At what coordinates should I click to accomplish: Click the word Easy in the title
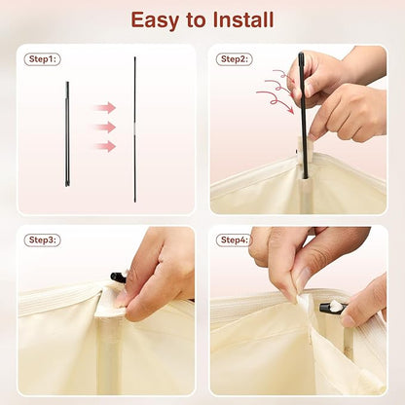[155, 20]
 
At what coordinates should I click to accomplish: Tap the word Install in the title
[243, 19]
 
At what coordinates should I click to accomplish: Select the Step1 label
[43, 59]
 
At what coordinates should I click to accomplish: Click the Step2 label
[235, 59]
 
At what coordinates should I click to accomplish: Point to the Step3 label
[43, 240]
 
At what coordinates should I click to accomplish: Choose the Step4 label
[234, 240]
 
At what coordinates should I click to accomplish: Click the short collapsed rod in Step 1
[67, 134]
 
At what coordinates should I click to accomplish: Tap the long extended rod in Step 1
[135, 129]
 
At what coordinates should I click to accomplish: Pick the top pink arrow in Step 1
[104, 108]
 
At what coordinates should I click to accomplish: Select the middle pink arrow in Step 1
[104, 128]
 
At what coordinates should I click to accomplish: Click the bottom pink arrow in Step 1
[104, 146]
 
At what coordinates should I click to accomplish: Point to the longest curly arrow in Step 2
[276, 100]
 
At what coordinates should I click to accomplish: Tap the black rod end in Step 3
[118, 277]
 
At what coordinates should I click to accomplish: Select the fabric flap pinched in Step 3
[109, 303]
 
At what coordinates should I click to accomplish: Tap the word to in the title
[196, 20]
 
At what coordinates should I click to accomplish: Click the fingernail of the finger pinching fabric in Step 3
[121, 301]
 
